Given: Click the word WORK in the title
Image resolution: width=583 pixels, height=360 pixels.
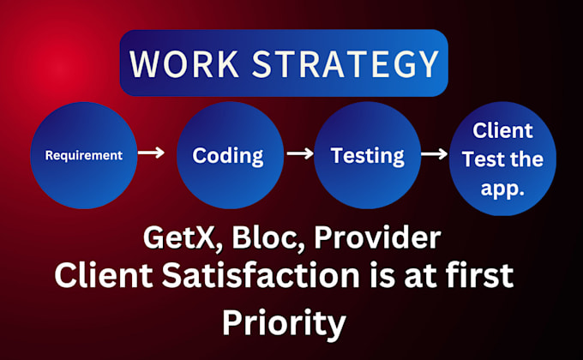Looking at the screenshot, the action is point(184,63).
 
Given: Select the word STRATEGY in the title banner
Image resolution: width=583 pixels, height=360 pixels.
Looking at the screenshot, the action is point(346,63).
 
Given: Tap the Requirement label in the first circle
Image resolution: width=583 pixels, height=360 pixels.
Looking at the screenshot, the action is point(84,155).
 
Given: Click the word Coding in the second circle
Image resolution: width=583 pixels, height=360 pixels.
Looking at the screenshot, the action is point(228,156).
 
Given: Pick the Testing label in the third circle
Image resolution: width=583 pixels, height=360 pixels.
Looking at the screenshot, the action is point(367,156).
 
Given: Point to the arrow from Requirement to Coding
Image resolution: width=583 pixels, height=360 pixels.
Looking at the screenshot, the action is point(151,153).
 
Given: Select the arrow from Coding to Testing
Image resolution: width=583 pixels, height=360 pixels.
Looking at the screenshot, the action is point(300,153).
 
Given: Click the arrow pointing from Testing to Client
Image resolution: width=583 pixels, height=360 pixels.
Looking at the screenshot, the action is point(435,153).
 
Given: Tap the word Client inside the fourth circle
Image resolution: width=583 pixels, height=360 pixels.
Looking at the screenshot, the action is point(502,130).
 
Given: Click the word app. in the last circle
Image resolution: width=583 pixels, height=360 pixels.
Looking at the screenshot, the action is point(502,189).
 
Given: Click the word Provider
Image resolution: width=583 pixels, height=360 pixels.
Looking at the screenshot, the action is point(377,237).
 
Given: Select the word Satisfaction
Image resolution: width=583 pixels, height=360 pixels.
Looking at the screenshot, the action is point(261,275).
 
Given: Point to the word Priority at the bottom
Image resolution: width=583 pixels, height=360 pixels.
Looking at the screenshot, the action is point(284,323).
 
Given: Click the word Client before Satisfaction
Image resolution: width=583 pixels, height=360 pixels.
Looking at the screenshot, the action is point(104,275).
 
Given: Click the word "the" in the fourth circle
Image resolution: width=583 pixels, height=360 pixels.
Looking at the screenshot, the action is point(526,159).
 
